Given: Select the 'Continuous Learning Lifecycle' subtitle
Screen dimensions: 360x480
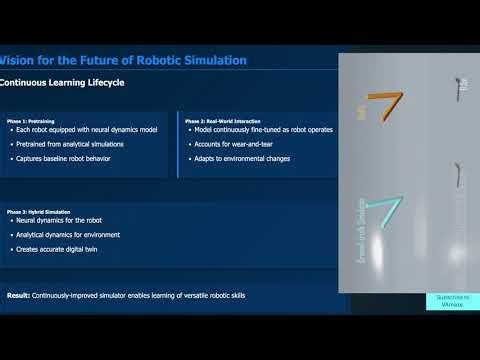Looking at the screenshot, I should click(x=62, y=83).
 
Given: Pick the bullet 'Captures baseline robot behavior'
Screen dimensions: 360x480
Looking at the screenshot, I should click(x=67, y=158).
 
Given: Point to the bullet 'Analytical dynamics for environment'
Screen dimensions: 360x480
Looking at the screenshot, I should click(x=73, y=234).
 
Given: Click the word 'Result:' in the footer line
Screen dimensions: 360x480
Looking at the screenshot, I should click(x=18, y=296).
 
